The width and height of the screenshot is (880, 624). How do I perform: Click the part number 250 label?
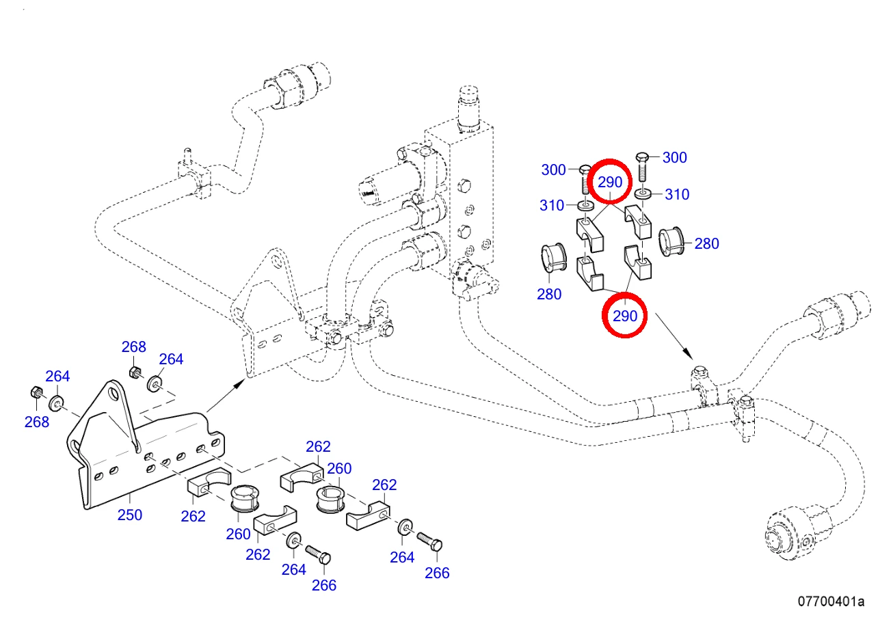[130, 515]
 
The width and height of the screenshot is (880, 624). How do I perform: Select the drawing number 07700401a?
[831, 601]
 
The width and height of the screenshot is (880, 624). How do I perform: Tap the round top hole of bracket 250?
[114, 393]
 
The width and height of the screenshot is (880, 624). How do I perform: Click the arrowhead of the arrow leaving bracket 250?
[239, 384]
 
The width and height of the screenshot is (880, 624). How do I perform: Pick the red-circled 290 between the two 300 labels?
[610, 182]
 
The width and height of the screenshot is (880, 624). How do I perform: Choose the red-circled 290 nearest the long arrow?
[625, 316]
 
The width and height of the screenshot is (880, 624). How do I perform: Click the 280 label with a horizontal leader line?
[706, 243]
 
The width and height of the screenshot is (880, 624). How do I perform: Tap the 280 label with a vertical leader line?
[549, 294]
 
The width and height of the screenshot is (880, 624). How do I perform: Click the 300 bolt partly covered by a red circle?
[585, 179]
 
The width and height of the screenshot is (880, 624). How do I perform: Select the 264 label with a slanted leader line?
[171, 359]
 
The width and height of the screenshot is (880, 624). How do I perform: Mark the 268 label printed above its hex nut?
[133, 347]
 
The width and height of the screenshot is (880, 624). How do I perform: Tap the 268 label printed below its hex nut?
[36, 422]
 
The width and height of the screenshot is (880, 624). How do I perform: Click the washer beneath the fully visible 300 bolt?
[643, 193]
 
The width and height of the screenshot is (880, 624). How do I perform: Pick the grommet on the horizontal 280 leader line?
[671, 241]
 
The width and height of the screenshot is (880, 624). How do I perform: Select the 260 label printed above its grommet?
[339, 468]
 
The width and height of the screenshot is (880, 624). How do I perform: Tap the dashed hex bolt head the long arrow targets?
[699, 372]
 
